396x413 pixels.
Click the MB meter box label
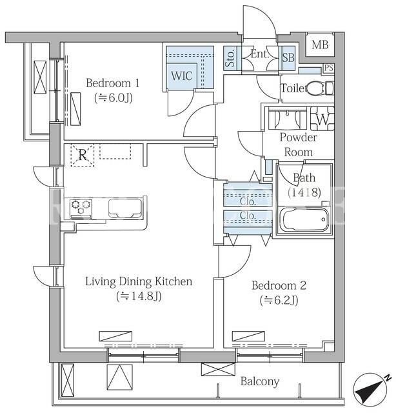[320, 45]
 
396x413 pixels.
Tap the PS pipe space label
[328, 68]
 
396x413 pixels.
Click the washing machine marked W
[322, 119]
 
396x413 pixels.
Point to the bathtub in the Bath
[303, 219]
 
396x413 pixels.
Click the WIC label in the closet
[182, 76]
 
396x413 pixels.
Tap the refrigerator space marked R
[83, 155]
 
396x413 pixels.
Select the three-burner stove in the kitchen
[81, 208]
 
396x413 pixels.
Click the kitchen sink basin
[125, 208]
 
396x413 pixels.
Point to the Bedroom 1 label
[113, 83]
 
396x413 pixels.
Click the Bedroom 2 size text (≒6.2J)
[279, 300]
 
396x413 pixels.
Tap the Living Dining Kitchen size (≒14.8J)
[139, 296]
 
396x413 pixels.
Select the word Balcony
[260, 381]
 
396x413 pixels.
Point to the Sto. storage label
[231, 58]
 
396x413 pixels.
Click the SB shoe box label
[288, 57]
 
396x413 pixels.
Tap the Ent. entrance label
[260, 54]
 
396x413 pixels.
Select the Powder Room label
[299, 145]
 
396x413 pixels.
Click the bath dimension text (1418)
[304, 192]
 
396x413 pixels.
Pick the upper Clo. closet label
[248, 202]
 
